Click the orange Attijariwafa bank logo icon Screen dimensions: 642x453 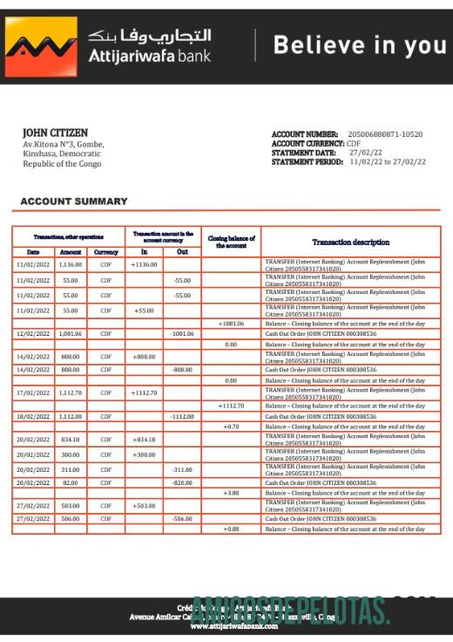tap(40, 46)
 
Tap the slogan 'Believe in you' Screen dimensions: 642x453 tap(359, 45)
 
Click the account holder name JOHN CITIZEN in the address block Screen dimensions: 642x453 tap(55, 133)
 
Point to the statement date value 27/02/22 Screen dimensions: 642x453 tap(365, 153)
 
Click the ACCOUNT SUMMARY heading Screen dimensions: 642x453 tap(74, 201)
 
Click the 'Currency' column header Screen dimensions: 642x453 tap(105, 252)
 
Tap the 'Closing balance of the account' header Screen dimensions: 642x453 tap(231, 242)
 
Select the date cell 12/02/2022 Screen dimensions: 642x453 tap(33, 333)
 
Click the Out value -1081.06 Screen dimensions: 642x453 tap(182, 333)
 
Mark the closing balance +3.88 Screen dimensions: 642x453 tap(231, 493)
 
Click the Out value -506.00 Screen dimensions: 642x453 tap(182, 518)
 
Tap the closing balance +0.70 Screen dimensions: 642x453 tap(231, 426)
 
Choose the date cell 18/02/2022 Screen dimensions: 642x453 tap(33, 416)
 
